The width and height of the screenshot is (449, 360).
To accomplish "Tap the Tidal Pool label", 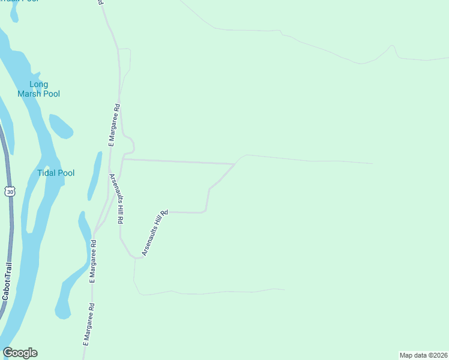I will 56,173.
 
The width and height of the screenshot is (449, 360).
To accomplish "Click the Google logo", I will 20,353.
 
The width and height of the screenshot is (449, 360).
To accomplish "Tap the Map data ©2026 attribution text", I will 424,355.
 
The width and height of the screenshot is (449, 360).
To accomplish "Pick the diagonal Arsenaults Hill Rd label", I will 154,233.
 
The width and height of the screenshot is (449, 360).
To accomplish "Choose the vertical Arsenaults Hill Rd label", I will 116,199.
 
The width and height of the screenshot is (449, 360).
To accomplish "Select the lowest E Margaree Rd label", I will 89,324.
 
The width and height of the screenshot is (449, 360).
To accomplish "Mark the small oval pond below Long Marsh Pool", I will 61,126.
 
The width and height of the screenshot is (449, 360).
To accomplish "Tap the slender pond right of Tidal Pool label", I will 95,175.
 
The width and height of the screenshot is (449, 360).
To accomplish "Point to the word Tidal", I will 46,173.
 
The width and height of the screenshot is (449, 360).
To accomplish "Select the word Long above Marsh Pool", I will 39,84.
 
